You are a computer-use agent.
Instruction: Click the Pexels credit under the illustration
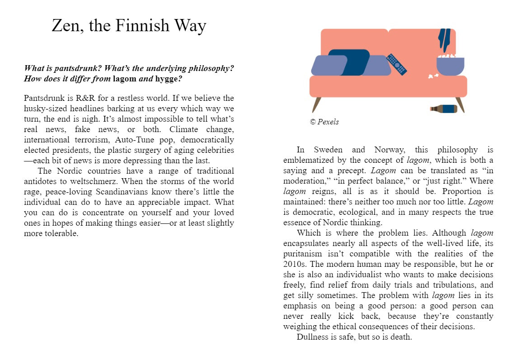[x=324, y=122]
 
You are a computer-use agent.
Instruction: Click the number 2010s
[x=295, y=264]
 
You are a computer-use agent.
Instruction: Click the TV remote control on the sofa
[x=396, y=65]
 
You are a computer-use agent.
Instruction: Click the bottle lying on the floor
[x=443, y=109]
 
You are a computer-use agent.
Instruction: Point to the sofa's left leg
[x=316, y=104]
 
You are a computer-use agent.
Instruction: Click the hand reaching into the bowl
[x=444, y=40]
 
